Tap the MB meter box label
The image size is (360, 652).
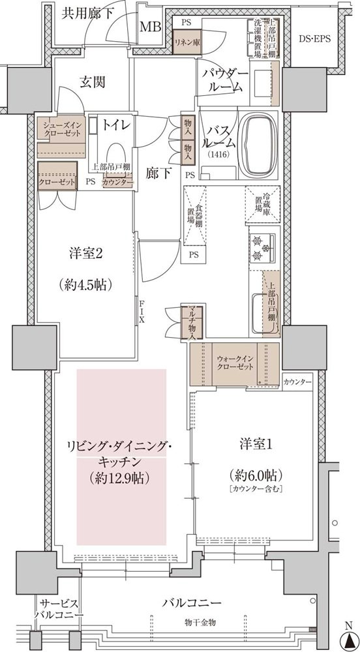[151, 27]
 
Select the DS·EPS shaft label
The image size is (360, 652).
[314, 38]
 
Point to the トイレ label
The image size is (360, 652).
[117, 124]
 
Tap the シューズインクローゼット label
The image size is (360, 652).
[61, 128]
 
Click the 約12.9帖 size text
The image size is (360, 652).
[120, 478]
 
